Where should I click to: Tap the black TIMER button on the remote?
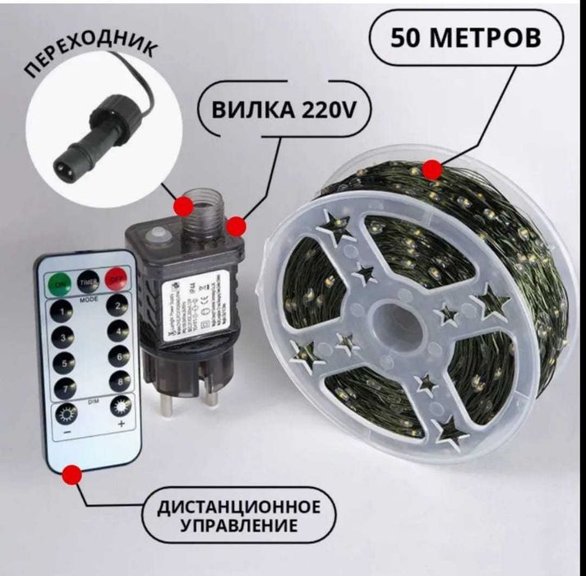coord(88,281)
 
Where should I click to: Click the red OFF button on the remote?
coord(117,276)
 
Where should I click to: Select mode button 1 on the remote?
coord(61,310)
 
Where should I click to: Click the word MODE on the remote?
coord(89,300)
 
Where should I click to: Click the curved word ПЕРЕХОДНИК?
coord(87,61)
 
